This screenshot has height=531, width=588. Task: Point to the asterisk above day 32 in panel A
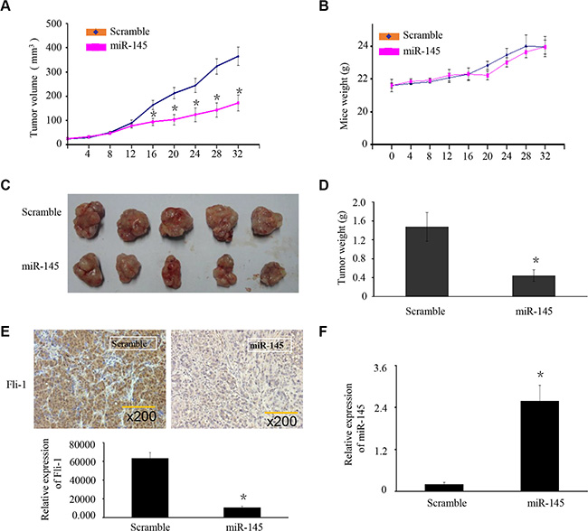pyautogui.click(x=240, y=91)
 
